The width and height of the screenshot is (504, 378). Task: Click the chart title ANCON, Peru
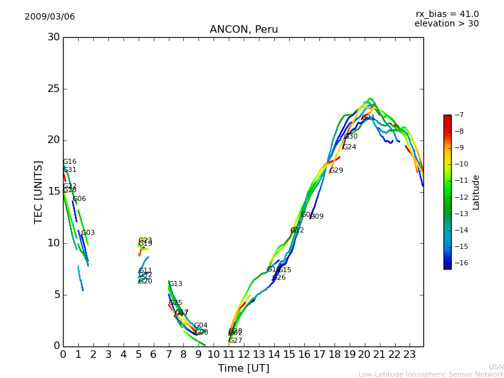(244, 30)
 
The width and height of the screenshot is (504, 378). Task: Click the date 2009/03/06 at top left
(50, 16)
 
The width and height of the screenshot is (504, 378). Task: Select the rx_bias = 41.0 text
(447, 14)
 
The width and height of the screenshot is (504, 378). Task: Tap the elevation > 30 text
(446, 24)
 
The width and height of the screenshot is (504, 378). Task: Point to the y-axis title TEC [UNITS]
(38, 192)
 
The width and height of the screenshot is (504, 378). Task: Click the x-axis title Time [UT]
(243, 368)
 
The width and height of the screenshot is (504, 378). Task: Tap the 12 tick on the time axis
(244, 354)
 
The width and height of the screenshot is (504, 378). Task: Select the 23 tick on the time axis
(409, 354)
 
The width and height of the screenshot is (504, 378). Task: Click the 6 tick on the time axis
(153, 354)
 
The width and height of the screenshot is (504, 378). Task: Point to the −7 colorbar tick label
(458, 115)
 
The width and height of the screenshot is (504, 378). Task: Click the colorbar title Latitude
(476, 192)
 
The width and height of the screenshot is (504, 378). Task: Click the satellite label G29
(336, 171)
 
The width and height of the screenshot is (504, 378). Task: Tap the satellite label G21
(369, 118)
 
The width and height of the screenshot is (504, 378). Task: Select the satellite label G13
(176, 284)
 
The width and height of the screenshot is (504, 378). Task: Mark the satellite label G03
(88, 233)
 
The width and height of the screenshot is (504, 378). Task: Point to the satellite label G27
(236, 341)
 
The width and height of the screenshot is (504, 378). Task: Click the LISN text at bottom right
(496, 367)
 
